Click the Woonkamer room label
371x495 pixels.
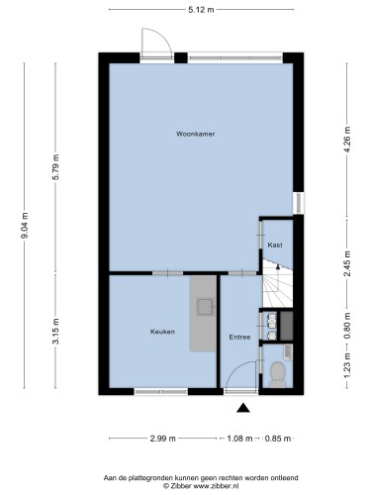tap(196, 134)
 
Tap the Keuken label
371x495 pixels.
tap(162, 332)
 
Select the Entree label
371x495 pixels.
tap(239, 337)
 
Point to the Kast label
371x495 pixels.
tap(275, 246)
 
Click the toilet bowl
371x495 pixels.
tap(277, 374)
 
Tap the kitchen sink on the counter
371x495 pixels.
tap(206, 307)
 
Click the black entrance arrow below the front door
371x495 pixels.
tap(243, 408)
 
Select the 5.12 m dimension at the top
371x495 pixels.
tap(201, 10)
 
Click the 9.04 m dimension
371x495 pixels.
tap(25, 226)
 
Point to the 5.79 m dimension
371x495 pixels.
tap(55, 167)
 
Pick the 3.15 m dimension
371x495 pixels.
tap(55, 331)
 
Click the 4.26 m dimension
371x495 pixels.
tap(347, 140)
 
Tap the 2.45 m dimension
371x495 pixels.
tap(347, 263)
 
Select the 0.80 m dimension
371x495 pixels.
tap(347, 326)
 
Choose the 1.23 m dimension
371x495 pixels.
tap(347, 366)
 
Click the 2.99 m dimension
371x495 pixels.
tap(163, 439)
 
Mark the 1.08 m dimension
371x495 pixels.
tap(239, 439)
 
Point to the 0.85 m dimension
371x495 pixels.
tap(278, 439)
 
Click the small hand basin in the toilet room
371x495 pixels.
tap(288, 351)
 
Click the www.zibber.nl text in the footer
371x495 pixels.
tap(216, 486)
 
